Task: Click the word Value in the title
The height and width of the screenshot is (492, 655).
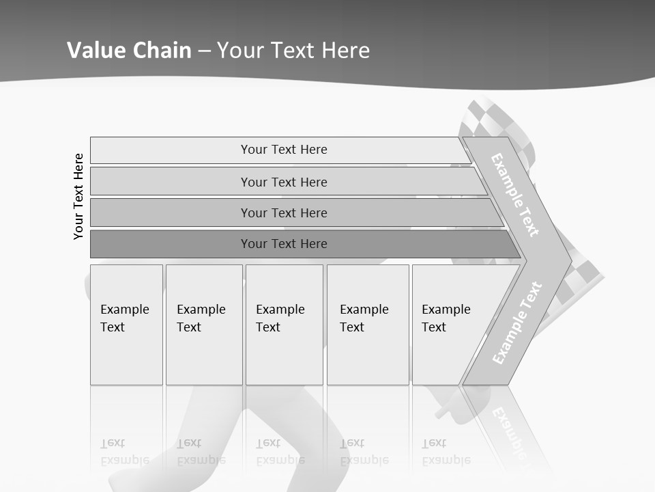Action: [95, 51]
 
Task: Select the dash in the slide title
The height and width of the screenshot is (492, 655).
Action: [204, 51]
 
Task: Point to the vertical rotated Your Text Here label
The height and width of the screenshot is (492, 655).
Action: [78, 196]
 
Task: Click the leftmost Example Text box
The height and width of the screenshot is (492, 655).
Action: [126, 325]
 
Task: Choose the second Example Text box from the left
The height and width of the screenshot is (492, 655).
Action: [203, 325]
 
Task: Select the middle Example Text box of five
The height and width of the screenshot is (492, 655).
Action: [284, 325]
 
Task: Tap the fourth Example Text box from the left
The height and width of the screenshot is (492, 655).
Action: [367, 325]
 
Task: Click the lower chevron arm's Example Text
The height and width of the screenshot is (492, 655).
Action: [517, 323]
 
